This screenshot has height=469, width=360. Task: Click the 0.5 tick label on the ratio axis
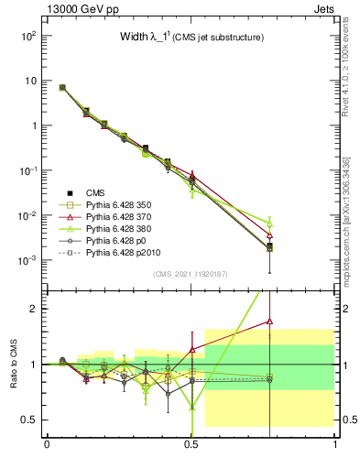click(x=28, y=420)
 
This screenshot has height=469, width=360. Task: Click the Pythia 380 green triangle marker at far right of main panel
click(x=269, y=224)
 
